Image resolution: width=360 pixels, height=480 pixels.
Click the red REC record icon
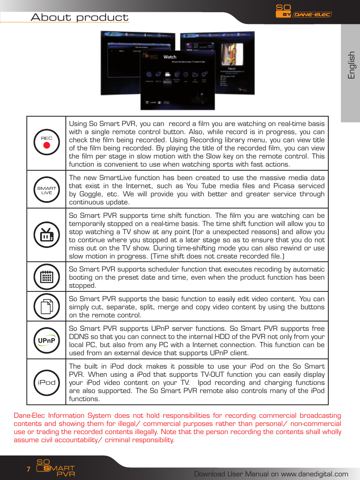tap(46, 142)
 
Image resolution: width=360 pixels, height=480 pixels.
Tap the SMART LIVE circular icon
tap(46, 190)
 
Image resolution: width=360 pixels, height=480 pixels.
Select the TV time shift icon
tap(46, 235)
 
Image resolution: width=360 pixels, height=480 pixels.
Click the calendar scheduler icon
tap(46, 277)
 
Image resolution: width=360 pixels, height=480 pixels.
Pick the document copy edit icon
tap(46, 306)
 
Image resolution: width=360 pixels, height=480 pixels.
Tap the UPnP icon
tap(46, 340)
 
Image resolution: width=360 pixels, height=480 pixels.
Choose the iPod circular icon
tap(46, 382)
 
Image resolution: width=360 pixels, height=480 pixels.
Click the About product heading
tap(80, 17)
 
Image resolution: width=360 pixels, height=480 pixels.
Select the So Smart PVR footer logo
tap(55, 468)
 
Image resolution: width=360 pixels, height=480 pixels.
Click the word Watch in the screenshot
tap(169, 57)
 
